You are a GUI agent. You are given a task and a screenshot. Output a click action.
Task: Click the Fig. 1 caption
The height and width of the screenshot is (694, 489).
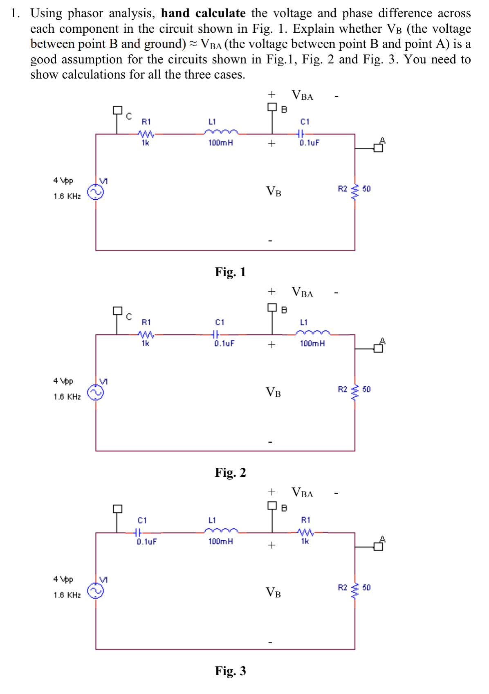(230, 272)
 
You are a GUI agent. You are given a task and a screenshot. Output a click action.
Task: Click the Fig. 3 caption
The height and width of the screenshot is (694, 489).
(230, 671)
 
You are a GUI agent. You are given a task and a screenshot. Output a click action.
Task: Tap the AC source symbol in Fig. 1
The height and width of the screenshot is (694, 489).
(96, 192)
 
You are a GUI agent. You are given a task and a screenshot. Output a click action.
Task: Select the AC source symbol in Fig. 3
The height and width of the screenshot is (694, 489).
(96, 590)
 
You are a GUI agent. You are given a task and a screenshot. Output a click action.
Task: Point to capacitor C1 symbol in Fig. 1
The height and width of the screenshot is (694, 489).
(301, 133)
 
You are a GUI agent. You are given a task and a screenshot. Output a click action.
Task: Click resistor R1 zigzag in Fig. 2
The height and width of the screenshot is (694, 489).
(146, 334)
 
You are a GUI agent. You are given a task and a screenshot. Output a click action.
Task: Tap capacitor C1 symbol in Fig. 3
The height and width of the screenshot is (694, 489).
(138, 532)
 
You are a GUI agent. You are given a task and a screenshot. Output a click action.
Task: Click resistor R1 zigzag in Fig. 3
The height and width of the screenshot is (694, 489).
(305, 532)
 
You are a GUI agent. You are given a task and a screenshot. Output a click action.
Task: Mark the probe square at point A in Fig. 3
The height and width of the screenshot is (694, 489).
(379, 546)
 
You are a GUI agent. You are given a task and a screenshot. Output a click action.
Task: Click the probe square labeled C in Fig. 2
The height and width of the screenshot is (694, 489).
(117, 311)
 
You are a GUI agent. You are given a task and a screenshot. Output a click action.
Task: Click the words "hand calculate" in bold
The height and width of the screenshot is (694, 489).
(203, 14)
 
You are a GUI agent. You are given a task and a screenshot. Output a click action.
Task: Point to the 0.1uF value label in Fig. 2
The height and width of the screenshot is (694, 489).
(224, 343)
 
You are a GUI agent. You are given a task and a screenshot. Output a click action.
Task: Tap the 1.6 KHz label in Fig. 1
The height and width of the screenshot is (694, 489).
(67, 196)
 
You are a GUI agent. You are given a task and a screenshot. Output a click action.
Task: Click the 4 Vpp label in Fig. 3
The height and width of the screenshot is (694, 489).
(63, 579)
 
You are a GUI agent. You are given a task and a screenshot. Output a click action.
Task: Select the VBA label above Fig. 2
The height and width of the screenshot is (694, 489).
(302, 293)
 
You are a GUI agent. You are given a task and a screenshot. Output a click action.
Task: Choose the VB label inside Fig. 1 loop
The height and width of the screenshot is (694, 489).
(274, 192)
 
